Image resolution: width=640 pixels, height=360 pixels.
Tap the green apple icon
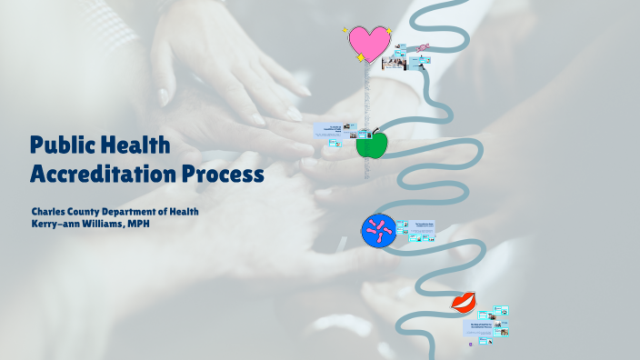(x=371, y=143)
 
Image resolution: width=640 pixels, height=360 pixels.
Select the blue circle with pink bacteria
(x=376, y=232)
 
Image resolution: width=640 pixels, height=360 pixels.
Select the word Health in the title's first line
(x=136, y=145)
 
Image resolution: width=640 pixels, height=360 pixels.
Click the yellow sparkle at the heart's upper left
(x=346, y=30)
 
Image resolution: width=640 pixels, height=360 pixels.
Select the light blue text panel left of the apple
(x=333, y=133)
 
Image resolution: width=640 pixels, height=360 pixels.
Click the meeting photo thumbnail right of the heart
(x=394, y=63)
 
